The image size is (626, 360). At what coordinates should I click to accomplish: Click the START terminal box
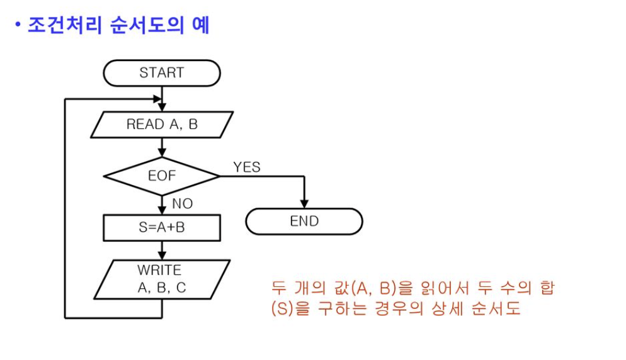coord(162,73)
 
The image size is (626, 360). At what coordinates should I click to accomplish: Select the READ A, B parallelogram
coord(162,125)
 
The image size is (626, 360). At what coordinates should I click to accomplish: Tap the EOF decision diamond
coord(162,176)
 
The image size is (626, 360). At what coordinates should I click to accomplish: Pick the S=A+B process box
coord(162,227)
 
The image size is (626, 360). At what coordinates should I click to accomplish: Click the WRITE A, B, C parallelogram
coord(162,280)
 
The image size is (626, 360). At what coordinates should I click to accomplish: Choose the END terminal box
coord(304,222)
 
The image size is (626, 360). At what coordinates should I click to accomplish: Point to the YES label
coord(247,167)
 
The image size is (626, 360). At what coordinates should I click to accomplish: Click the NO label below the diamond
coord(182,204)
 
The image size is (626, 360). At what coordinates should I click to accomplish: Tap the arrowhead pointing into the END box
coord(304,204)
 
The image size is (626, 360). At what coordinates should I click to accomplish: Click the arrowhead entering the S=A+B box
coord(162,211)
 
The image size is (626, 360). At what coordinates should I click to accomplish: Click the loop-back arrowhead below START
coord(156,98)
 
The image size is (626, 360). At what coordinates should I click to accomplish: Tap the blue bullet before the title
coord(18,26)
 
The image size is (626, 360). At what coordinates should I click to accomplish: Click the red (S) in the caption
coord(280,310)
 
